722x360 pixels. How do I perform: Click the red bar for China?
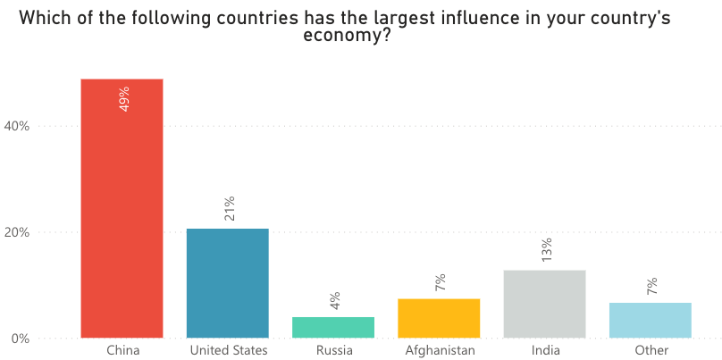pyautogui.click(x=122, y=214)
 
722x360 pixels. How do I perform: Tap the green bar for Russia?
pyautogui.click(x=333, y=328)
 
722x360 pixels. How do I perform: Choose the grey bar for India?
pyautogui.click(x=544, y=304)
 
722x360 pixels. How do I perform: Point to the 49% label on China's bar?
pyautogui.click(x=124, y=98)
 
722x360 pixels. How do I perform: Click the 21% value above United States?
pyautogui.click(x=230, y=207)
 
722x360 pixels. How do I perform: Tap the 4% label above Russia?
pyautogui.click(x=335, y=301)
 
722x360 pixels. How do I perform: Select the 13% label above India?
pyautogui.click(x=547, y=249)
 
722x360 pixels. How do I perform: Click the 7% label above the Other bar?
pyautogui.click(x=652, y=287)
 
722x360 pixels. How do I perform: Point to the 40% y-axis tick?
pyautogui.click(x=17, y=126)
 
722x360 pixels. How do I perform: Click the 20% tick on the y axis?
pyautogui.click(x=17, y=232)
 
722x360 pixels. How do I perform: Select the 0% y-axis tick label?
pyautogui.click(x=21, y=339)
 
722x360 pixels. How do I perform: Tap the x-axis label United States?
pyautogui.click(x=228, y=350)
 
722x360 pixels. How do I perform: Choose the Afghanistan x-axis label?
pyautogui.click(x=439, y=350)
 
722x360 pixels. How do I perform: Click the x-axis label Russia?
pyautogui.click(x=333, y=350)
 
